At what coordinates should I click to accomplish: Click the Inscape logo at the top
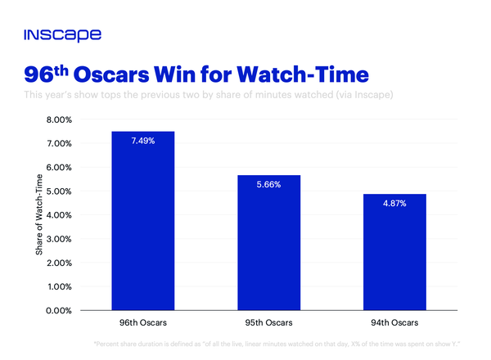62,35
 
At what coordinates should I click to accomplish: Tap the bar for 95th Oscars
268,242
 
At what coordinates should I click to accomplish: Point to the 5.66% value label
268,185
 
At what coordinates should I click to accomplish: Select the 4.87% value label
394,204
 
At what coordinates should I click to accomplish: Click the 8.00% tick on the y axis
60,119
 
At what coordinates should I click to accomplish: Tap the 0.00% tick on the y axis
60,311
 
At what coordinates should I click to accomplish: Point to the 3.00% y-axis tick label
60,239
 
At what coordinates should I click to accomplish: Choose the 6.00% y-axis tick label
60,168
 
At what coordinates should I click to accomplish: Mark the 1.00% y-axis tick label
60,287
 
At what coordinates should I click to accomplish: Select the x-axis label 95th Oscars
268,324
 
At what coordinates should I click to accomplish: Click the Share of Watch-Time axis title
38,215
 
